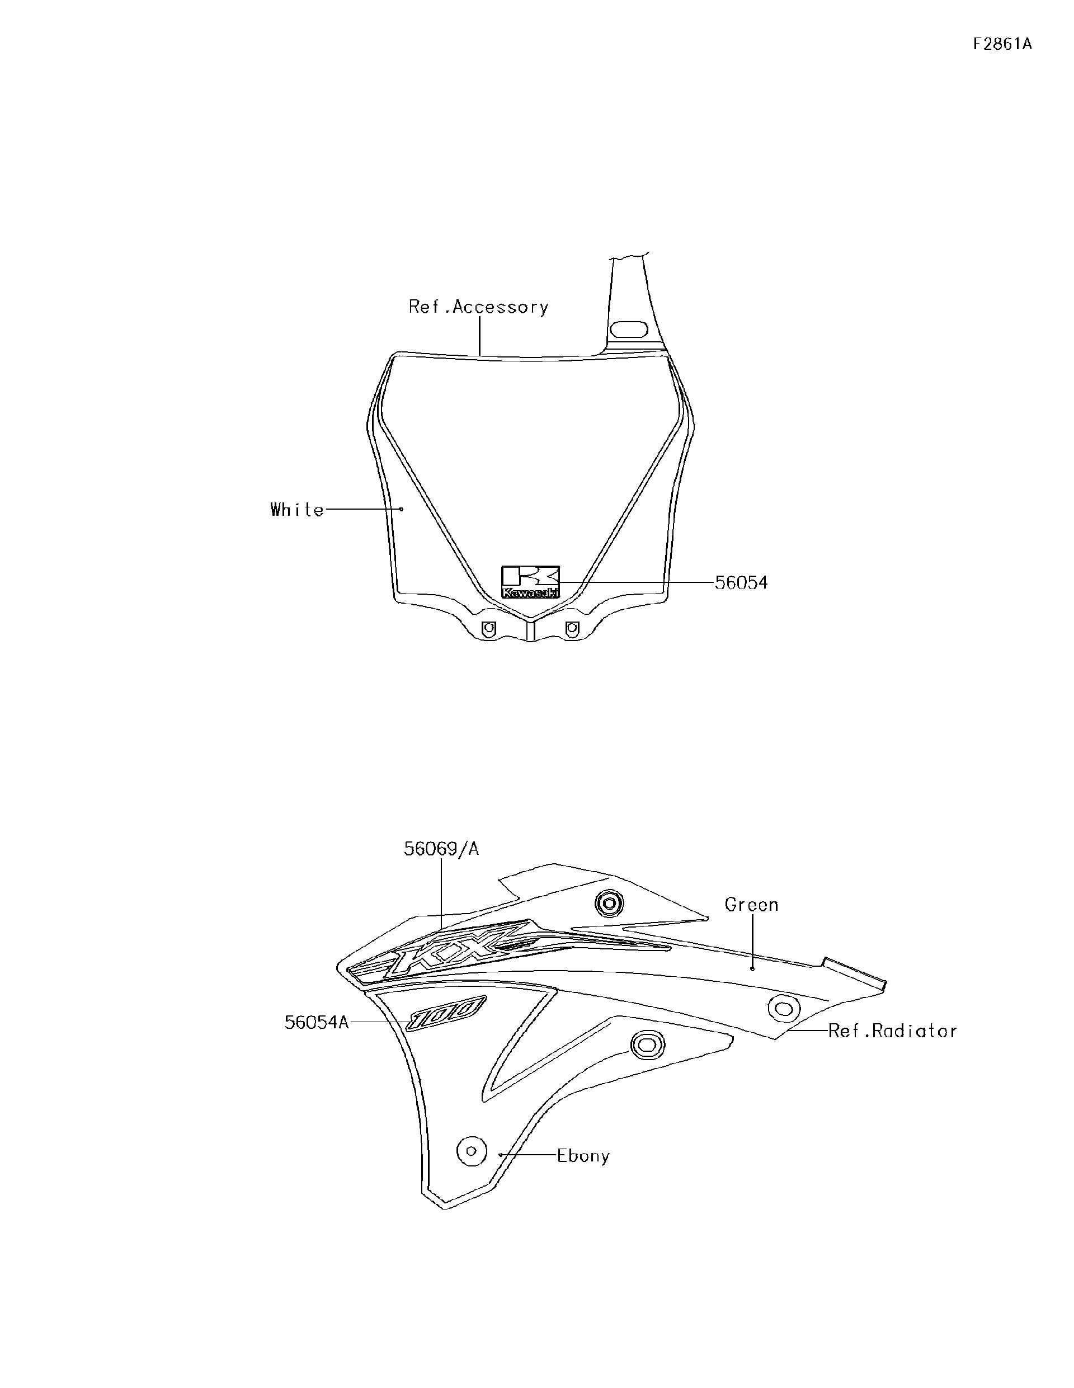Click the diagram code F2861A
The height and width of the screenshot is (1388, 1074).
pyautogui.click(x=1002, y=45)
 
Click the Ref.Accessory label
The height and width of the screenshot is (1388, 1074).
pyautogui.click(x=478, y=308)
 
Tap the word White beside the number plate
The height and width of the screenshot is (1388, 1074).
pyautogui.click(x=297, y=510)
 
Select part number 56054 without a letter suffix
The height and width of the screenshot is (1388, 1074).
pyautogui.click(x=741, y=583)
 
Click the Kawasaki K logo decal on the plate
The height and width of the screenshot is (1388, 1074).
pyautogui.click(x=531, y=581)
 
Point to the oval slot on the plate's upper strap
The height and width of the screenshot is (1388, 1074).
pyautogui.click(x=629, y=331)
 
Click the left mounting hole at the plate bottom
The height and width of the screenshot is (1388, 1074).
pyautogui.click(x=488, y=628)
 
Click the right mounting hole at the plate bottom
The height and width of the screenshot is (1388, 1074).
pyautogui.click(x=572, y=628)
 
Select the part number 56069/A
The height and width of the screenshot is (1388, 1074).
pyautogui.click(x=441, y=849)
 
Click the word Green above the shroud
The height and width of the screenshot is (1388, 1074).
pyautogui.click(x=752, y=905)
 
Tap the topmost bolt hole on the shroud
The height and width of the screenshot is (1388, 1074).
pyautogui.click(x=609, y=902)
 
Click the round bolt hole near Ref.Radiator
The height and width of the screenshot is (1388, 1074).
pyautogui.click(x=783, y=1008)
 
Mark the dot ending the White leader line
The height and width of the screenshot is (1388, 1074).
pyautogui.click(x=401, y=509)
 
